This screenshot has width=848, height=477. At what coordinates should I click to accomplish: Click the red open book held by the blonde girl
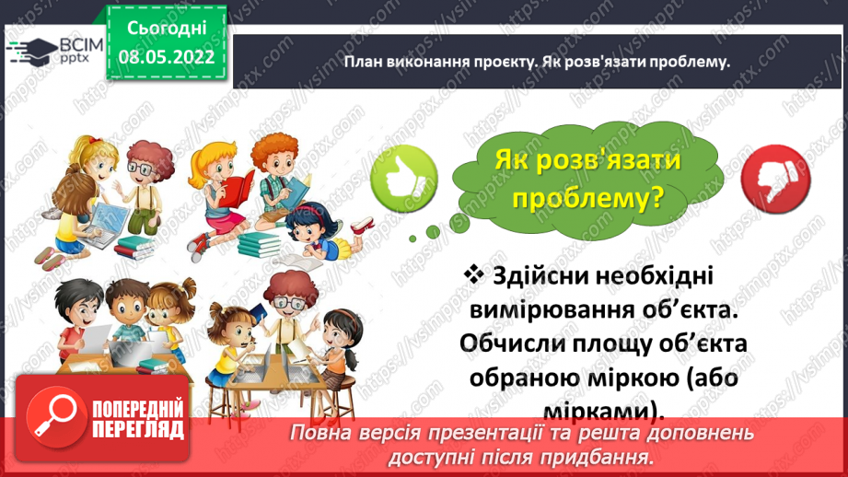point(238,190)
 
